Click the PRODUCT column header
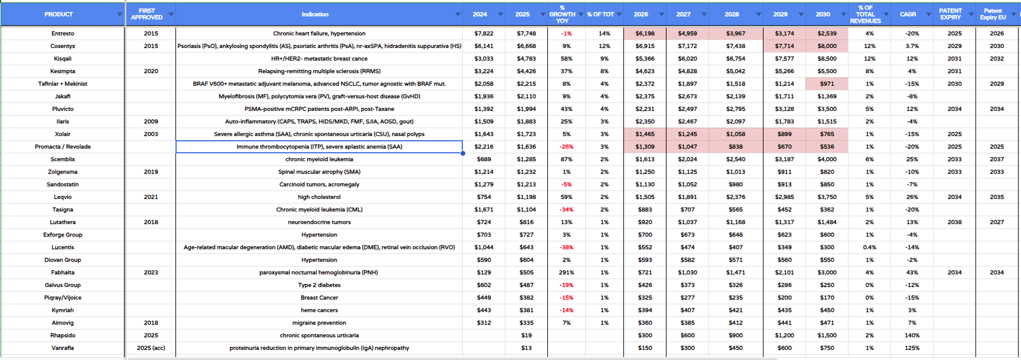click(59, 14)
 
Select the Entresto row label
click(63, 34)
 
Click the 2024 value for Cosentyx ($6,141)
click(484, 46)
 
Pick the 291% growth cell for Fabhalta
click(566, 273)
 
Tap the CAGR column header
click(908, 14)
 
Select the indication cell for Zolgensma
click(319, 172)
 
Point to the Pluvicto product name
click(63, 109)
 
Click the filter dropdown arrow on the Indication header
click(458, 14)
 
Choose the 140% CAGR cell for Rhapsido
click(912, 335)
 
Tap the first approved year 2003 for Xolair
click(151, 134)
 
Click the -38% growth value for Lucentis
click(566, 247)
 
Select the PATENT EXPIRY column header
click(950, 14)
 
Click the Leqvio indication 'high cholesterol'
click(319, 197)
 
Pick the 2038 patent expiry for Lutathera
click(955, 222)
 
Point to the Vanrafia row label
click(63, 348)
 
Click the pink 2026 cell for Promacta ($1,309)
click(645, 147)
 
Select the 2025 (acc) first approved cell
click(151, 348)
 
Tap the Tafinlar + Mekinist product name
click(63, 84)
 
